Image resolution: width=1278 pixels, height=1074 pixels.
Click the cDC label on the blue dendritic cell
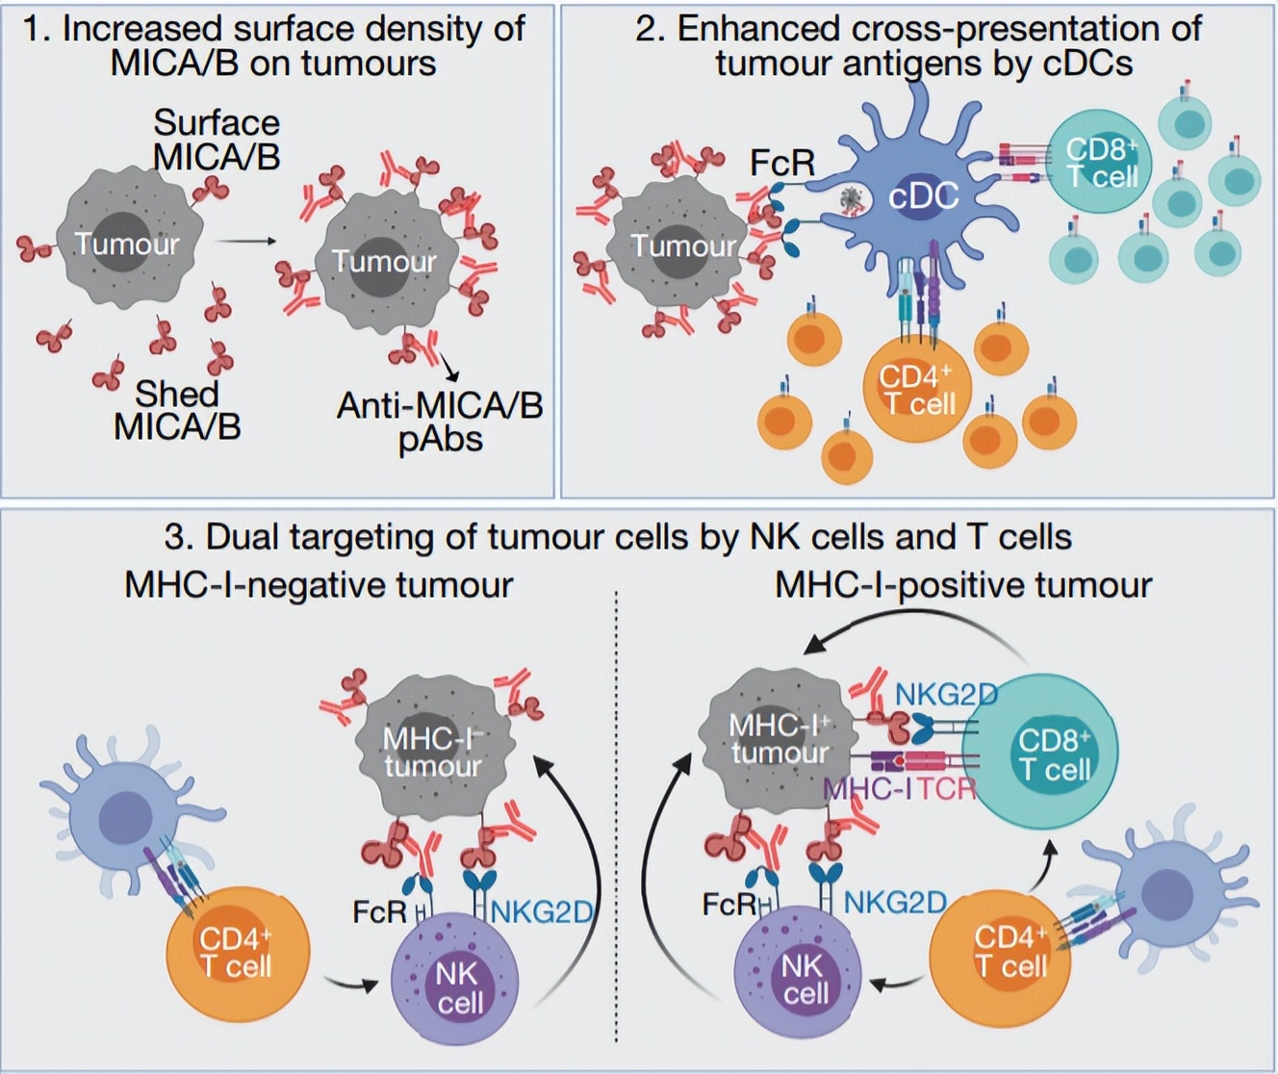click(x=924, y=197)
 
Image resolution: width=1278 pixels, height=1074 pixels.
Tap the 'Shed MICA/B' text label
click(x=177, y=410)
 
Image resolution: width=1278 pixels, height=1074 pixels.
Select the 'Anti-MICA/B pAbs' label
click(x=440, y=422)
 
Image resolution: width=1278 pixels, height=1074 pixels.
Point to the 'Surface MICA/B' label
click(x=217, y=140)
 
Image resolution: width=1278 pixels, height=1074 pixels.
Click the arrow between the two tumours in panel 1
click(x=244, y=242)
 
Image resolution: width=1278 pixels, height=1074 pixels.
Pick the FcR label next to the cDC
click(x=782, y=163)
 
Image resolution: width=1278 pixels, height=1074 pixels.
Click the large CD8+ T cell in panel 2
click(x=1101, y=163)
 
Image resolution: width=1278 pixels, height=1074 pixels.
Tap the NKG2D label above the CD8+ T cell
click(x=946, y=694)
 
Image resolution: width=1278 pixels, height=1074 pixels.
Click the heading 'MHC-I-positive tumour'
click(x=963, y=585)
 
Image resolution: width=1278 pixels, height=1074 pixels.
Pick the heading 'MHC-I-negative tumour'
click(x=319, y=585)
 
